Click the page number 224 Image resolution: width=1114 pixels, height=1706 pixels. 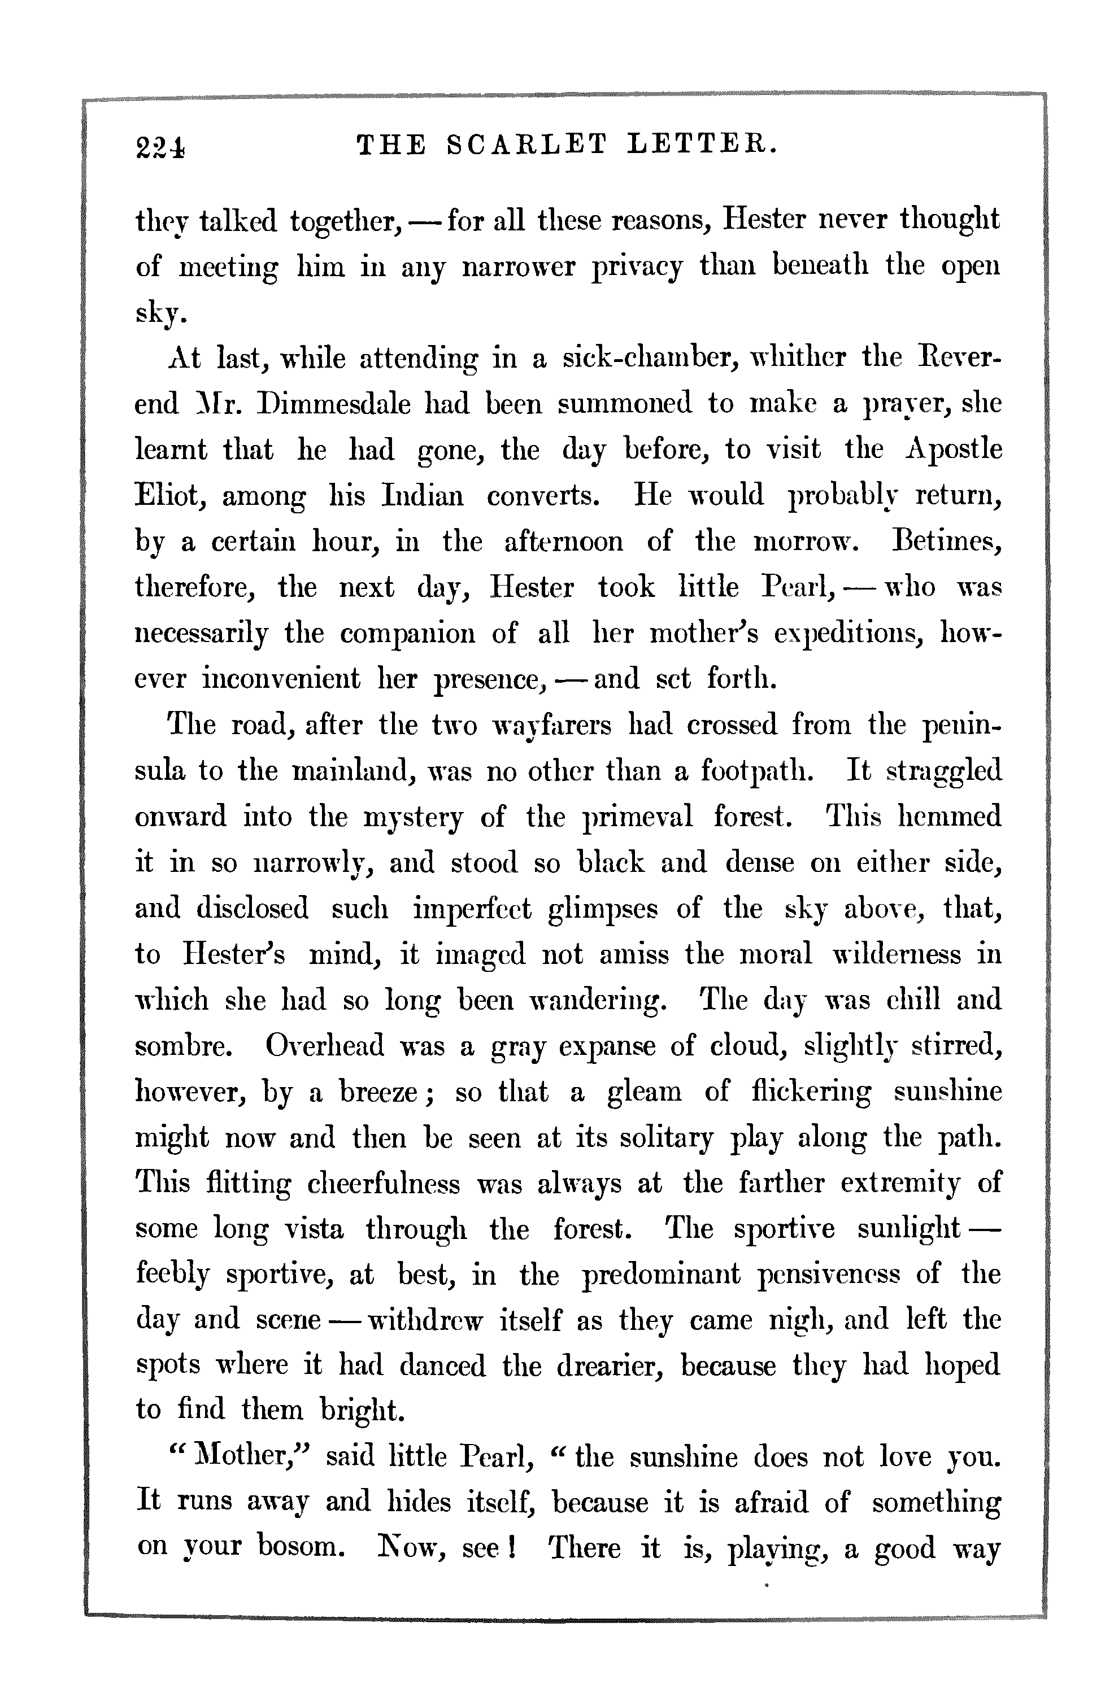[x=160, y=146]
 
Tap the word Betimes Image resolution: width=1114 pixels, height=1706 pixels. [x=945, y=541]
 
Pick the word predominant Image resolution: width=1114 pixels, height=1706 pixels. [x=661, y=1276]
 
